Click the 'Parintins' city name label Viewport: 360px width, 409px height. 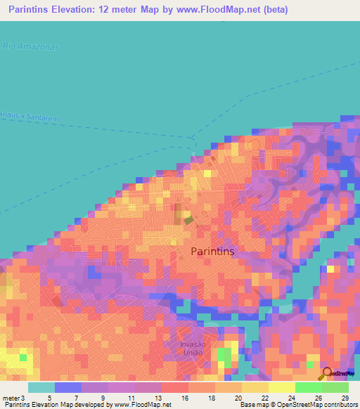(213, 251)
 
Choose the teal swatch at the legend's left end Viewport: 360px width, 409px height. (41, 387)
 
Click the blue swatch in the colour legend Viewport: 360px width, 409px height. (68, 387)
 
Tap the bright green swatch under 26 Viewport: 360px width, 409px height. (309, 387)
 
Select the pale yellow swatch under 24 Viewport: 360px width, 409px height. (282, 387)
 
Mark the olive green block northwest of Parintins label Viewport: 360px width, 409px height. (188, 220)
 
